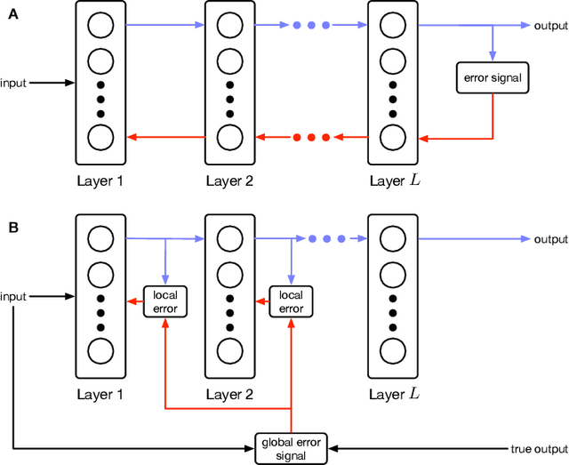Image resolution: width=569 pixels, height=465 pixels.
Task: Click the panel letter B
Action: pos(13,227)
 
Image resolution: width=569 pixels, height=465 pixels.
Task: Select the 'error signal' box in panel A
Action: pos(493,78)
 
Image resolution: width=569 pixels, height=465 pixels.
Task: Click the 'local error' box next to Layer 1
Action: pos(165,301)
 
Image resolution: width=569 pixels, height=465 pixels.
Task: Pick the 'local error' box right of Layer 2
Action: pos(292,301)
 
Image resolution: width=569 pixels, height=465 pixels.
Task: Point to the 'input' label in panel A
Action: pos(13,83)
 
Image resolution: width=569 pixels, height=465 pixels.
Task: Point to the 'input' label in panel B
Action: pos(13,295)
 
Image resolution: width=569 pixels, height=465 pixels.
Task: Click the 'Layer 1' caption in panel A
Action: pos(100,180)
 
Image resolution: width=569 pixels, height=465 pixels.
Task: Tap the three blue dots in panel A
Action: pos(311,26)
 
